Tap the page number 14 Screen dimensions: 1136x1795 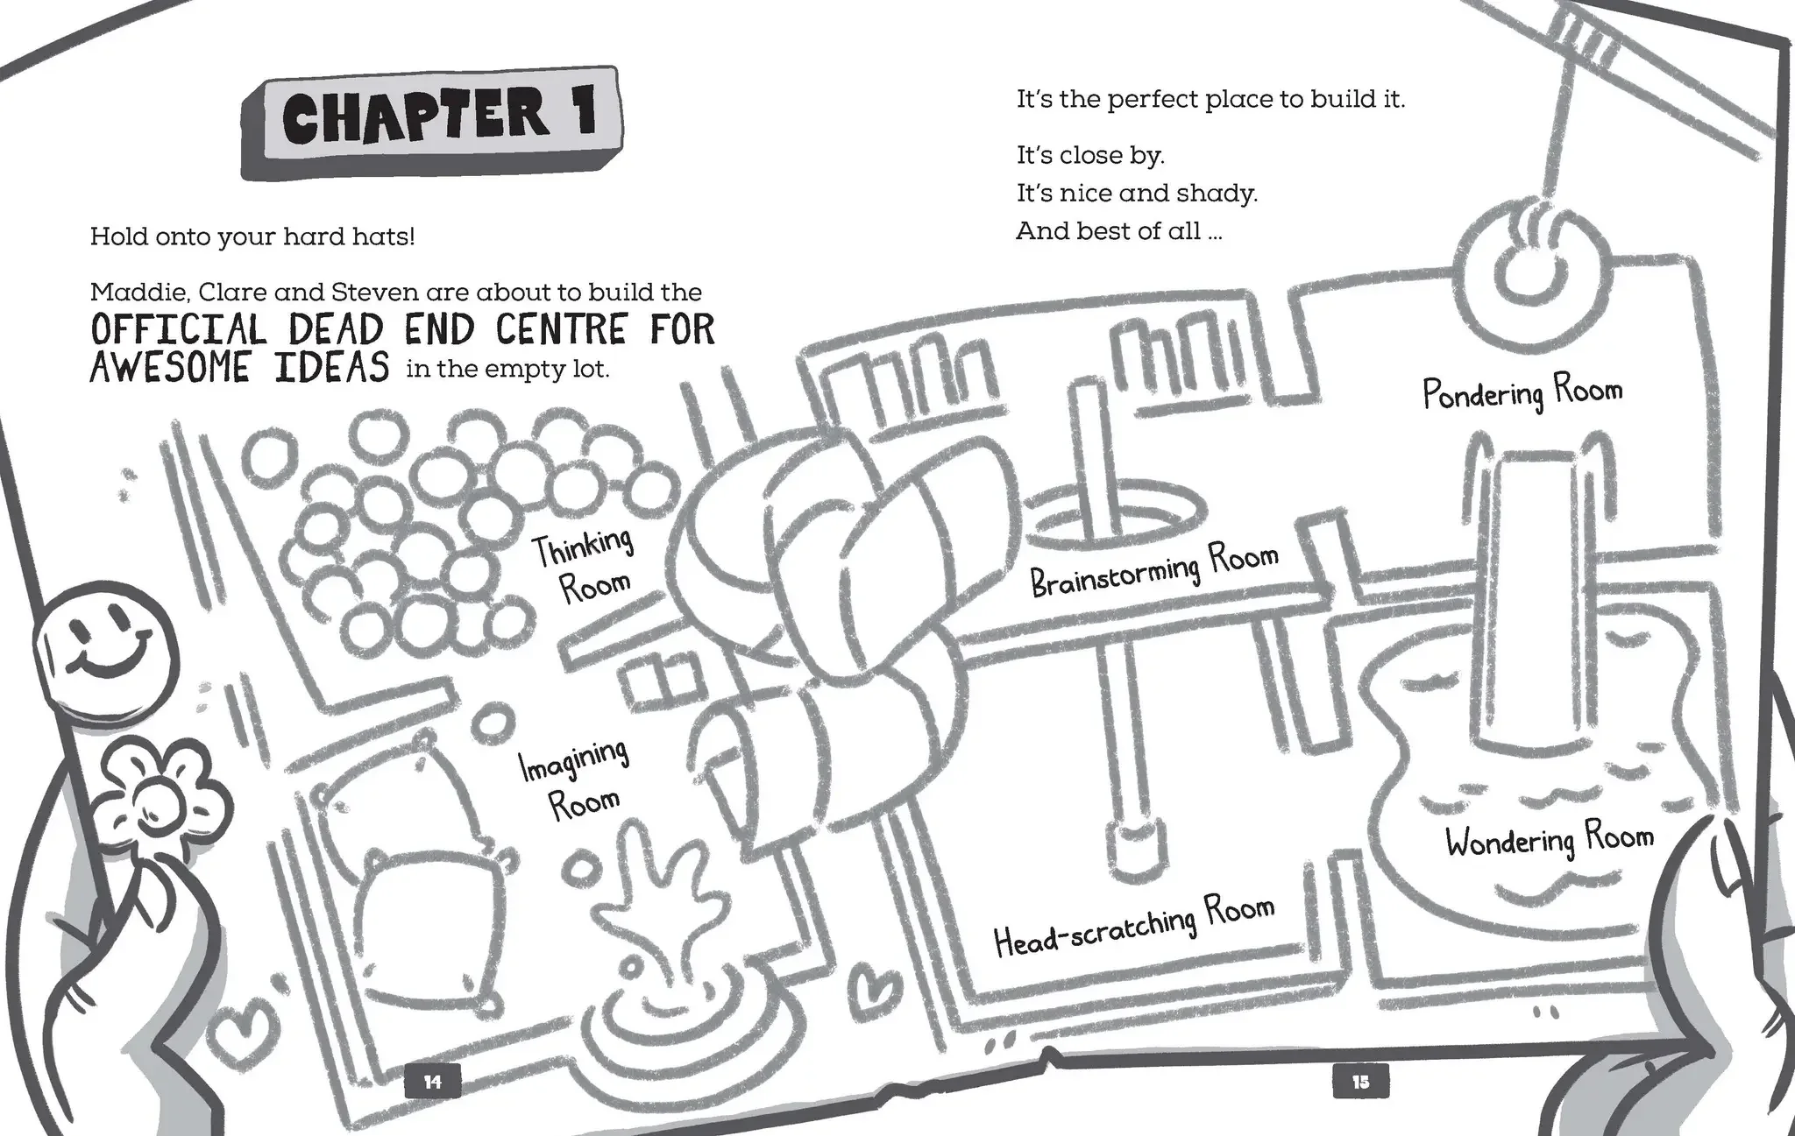coord(432,1082)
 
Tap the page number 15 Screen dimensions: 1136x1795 coord(1359,1082)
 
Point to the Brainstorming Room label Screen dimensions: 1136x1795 coord(1153,569)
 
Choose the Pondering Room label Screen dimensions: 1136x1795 coord(1522,392)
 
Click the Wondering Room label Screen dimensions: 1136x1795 coord(1549,841)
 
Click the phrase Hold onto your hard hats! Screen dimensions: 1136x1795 coord(252,236)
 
